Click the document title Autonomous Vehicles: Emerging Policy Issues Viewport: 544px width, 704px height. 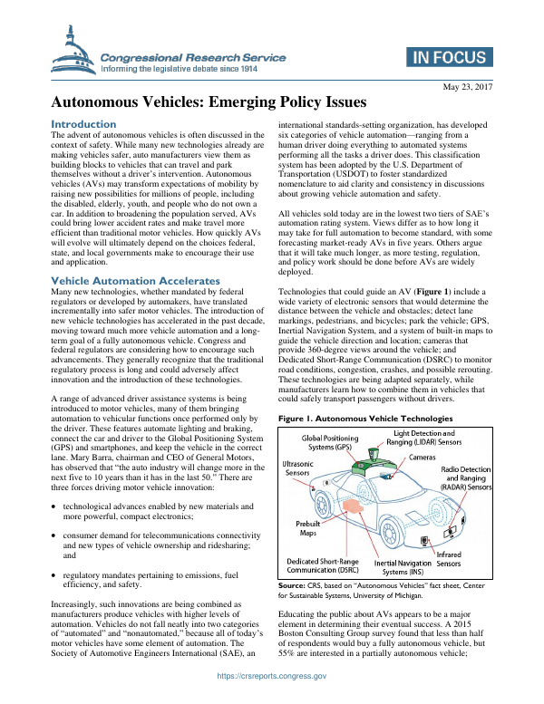pos(208,103)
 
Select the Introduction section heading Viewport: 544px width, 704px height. pos(83,124)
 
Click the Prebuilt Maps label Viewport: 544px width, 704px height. pos(309,529)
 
